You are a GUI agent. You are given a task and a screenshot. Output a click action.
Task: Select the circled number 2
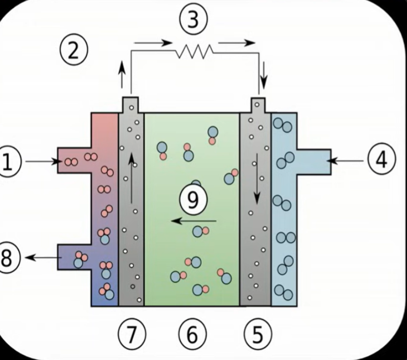pyautogui.click(x=74, y=51)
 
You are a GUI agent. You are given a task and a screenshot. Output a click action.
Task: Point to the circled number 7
pyautogui.click(x=132, y=334)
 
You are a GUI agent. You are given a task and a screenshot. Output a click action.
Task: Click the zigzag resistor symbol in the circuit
pyautogui.click(x=193, y=51)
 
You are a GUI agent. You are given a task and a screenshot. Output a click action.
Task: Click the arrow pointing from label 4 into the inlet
pyautogui.click(x=347, y=160)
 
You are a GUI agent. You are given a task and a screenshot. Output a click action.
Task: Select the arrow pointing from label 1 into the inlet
pyautogui.click(x=43, y=162)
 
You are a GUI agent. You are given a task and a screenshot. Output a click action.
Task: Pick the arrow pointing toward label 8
pyautogui.click(x=41, y=258)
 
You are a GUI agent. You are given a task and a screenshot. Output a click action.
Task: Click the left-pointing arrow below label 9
pyautogui.click(x=193, y=221)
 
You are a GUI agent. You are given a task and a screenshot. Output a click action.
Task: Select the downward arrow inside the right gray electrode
pyautogui.click(x=257, y=177)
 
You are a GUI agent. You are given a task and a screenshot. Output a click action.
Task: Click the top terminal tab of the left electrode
pyautogui.click(x=131, y=104)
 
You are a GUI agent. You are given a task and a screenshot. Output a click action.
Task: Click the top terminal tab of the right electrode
pyautogui.click(x=258, y=104)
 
